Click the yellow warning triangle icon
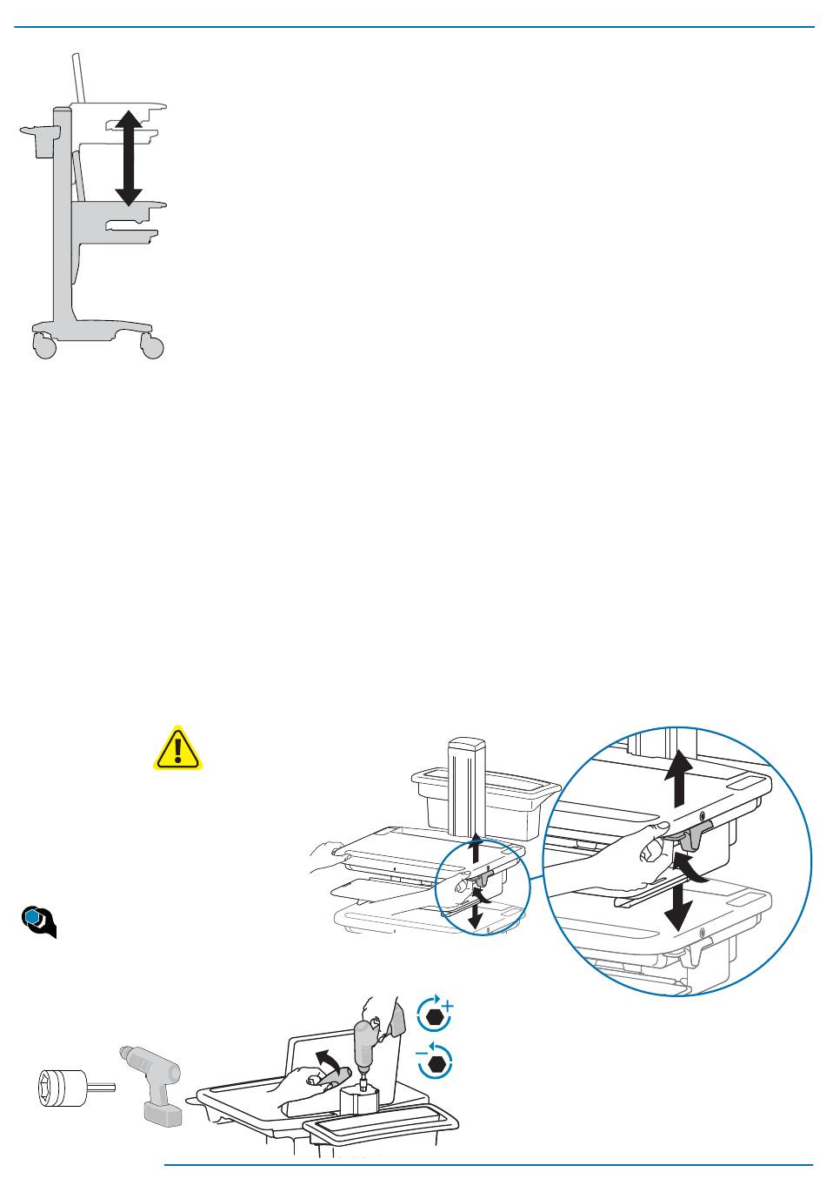coord(177,749)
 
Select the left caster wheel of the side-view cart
coord(44,346)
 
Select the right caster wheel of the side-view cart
coord(151,346)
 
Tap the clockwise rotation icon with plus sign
coord(436,1015)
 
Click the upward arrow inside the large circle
coord(681,780)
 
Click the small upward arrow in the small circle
coord(474,849)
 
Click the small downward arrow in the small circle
coord(474,913)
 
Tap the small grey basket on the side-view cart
coord(40,140)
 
